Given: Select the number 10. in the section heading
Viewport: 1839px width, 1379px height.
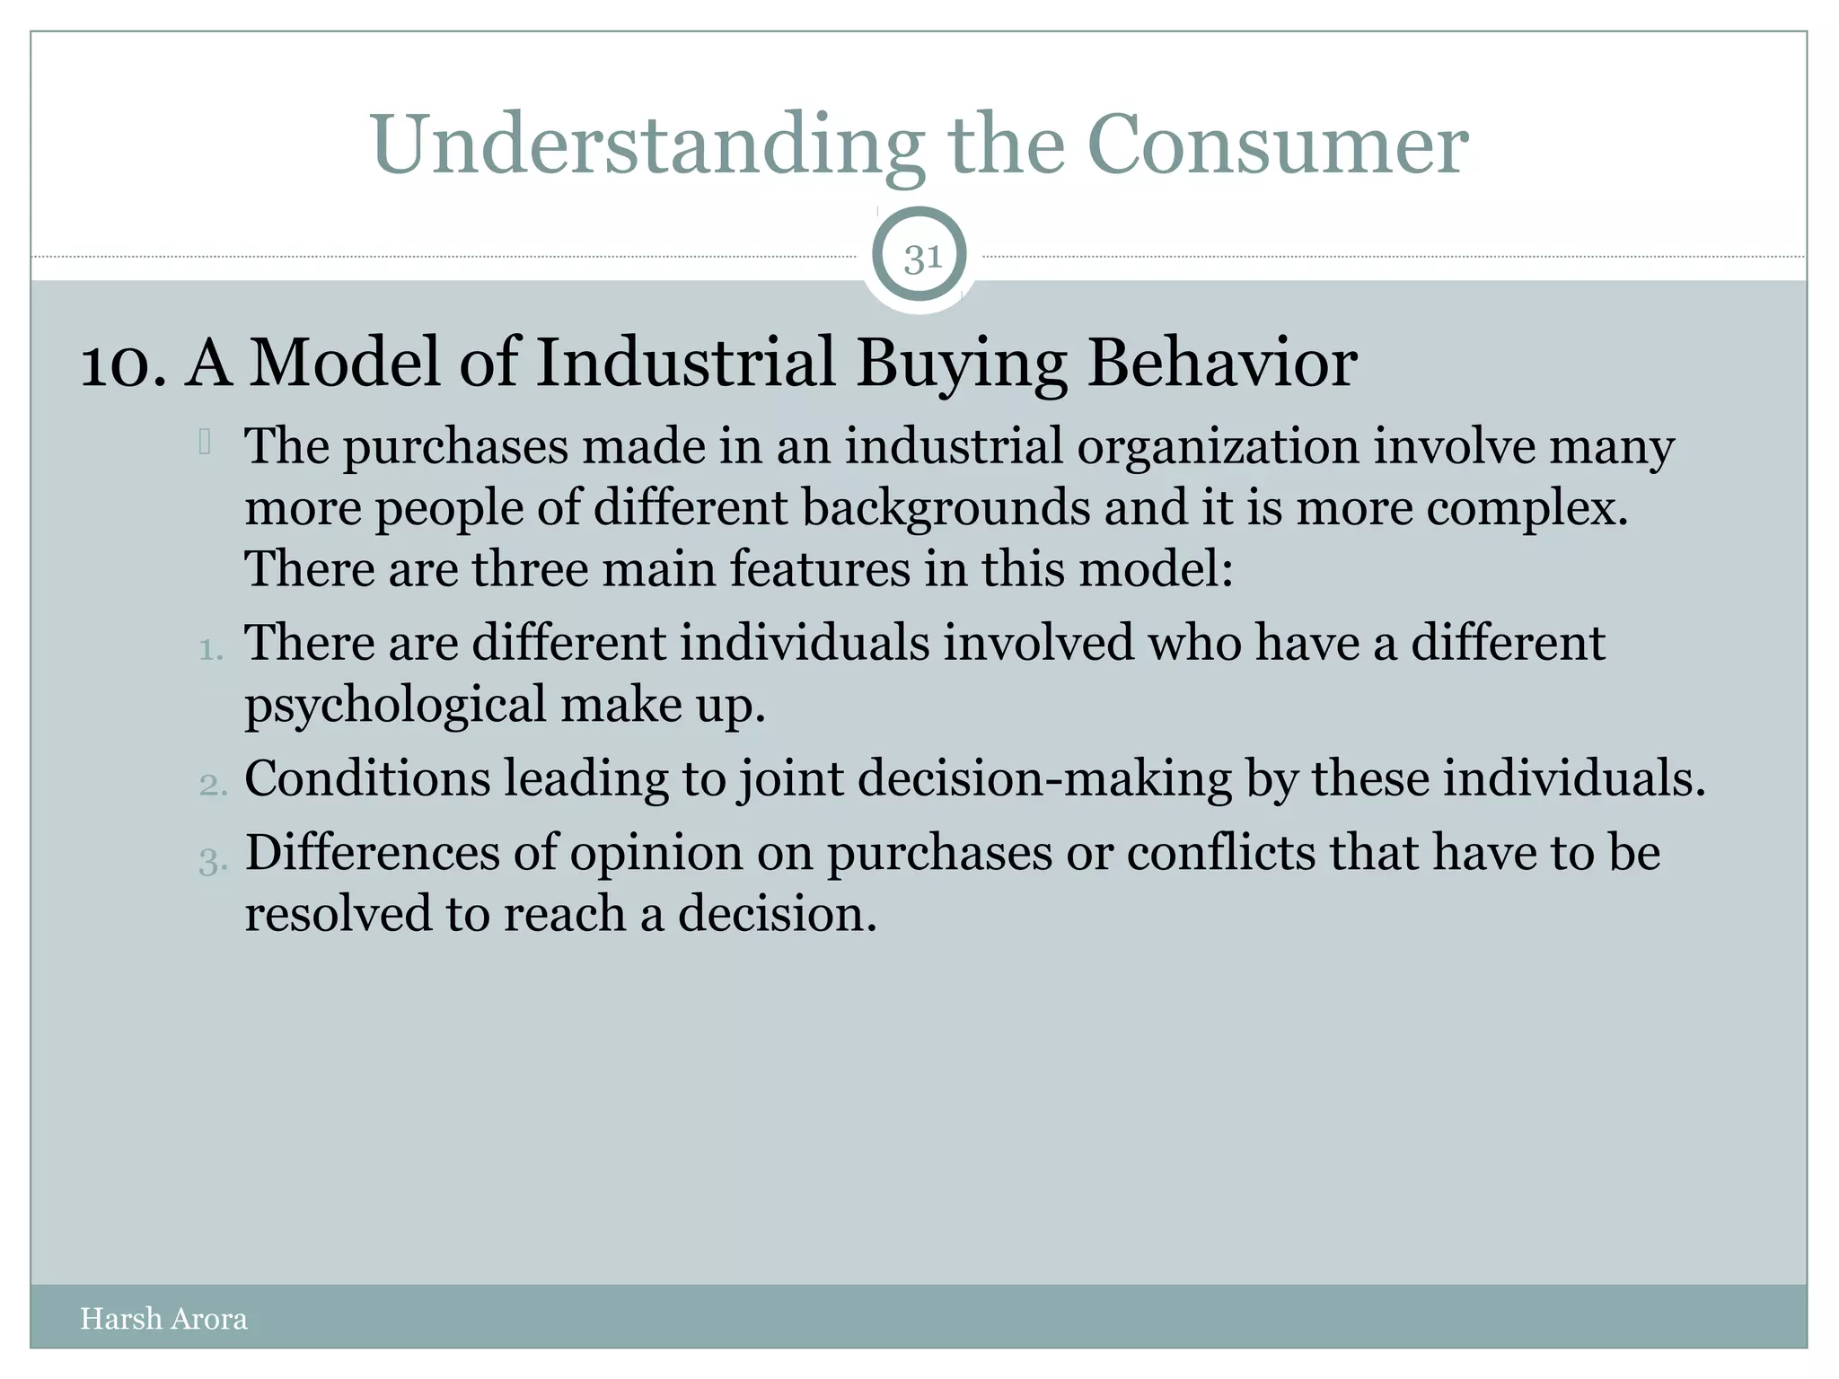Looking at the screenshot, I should coord(123,364).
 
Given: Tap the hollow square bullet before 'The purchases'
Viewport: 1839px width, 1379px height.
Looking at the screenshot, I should coord(206,442).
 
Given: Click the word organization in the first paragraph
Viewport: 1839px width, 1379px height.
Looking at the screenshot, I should coord(1218,446).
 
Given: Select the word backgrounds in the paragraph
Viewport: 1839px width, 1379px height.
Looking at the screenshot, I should coord(946,508).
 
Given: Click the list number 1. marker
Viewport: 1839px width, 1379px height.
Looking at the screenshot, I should coord(211,649).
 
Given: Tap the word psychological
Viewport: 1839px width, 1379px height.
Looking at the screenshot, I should coord(395,705).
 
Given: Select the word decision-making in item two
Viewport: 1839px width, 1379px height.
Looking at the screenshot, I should coord(1044,779).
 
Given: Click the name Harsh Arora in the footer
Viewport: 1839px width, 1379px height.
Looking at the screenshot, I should coord(163,1318).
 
